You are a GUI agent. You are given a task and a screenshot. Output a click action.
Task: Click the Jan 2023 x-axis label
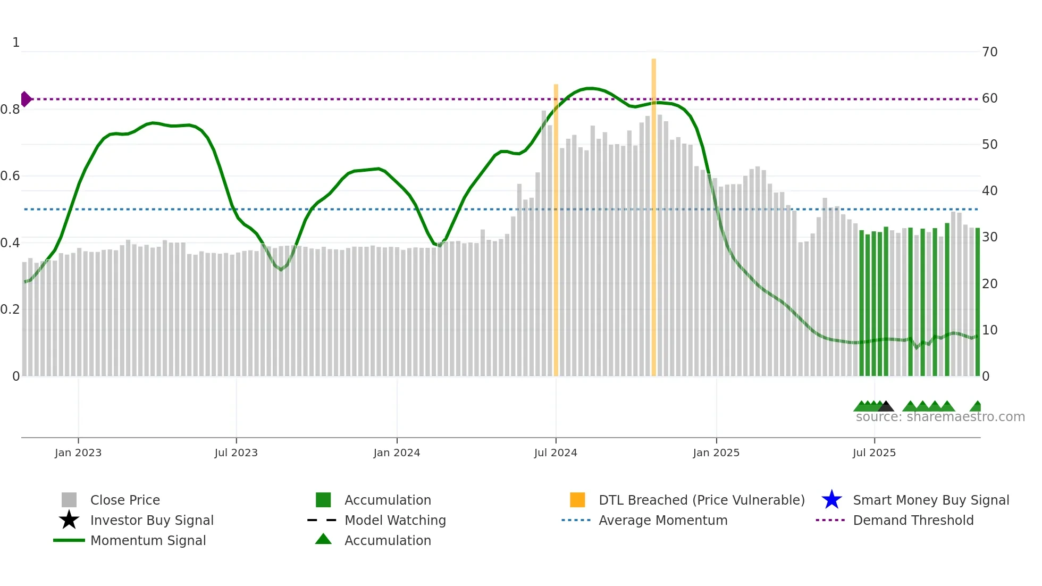(78, 453)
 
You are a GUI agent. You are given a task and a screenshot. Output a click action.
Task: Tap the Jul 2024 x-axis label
(556, 453)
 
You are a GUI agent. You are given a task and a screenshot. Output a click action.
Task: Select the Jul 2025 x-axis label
(874, 453)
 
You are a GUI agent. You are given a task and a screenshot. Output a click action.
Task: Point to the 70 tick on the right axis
(989, 52)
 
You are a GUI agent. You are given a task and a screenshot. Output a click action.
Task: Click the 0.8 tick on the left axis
(10, 110)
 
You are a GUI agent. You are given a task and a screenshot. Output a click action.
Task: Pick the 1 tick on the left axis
(16, 43)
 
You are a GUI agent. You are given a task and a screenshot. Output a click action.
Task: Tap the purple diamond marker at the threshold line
(26, 99)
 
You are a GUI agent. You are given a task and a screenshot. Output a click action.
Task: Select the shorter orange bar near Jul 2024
(556, 229)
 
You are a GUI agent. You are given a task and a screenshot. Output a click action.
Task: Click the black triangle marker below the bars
(886, 407)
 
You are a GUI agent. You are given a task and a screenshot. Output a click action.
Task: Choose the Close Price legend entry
(125, 500)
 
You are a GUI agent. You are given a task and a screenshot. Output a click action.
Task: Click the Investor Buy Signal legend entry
(152, 520)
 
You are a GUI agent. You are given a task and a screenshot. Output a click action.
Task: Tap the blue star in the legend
(831, 500)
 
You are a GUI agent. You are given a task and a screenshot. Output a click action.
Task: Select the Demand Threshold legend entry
(913, 520)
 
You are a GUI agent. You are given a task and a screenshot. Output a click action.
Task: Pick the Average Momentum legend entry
(663, 520)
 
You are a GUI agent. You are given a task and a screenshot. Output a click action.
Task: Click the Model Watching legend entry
(395, 520)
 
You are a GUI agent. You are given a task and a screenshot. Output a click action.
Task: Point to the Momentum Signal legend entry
(148, 540)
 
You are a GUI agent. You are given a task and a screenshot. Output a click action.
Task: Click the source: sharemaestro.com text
(940, 417)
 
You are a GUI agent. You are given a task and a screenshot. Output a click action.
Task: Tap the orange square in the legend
(577, 500)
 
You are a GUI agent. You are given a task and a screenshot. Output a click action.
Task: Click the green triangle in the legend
(323, 539)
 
